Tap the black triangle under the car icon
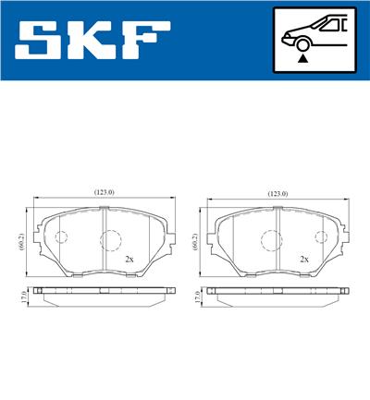(302, 57)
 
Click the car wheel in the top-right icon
(302, 42)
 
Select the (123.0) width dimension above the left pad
(104, 192)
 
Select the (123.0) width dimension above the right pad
(277, 193)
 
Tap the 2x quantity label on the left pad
(129, 260)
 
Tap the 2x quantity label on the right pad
(303, 260)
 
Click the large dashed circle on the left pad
(110, 239)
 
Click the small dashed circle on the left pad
(61, 237)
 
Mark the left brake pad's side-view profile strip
(102, 293)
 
